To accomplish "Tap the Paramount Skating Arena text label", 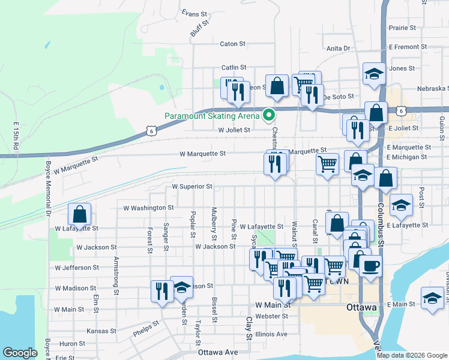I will [x=212, y=116].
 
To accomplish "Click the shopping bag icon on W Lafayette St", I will [x=79, y=214].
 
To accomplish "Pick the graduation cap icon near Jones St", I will [x=374, y=73].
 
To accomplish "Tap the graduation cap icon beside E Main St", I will [x=432, y=298].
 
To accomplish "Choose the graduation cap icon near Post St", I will [x=400, y=205].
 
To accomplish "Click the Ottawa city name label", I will [x=361, y=308].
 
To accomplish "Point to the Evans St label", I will [x=194, y=13].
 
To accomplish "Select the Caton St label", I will [x=233, y=44].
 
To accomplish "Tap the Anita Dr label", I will [x=338, y=49].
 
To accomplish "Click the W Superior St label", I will [x=192, y=187].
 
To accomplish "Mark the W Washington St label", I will [x=148, y=208].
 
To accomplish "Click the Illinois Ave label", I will [x=271, y=334].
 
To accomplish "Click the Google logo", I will [x=20, y=353].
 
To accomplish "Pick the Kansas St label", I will [x=101, y=331].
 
